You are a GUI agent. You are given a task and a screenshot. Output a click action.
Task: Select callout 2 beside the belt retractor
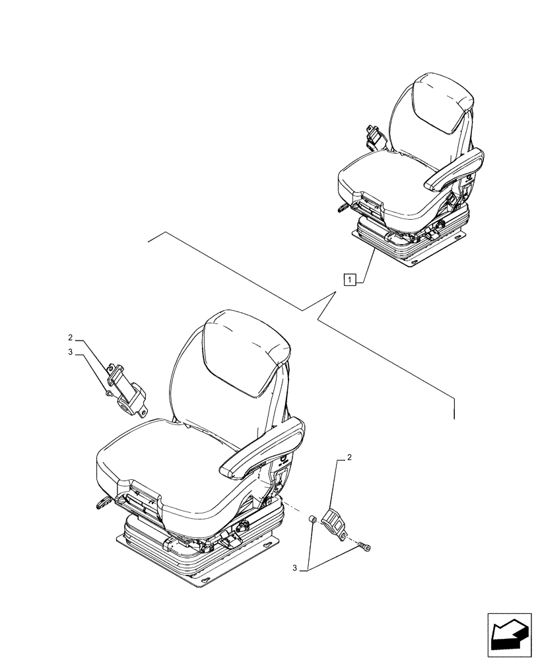pos(71,341)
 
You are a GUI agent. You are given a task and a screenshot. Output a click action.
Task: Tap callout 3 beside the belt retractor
pos(71,353)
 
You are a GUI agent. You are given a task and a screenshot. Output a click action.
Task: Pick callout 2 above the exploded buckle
pos(349,457)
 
